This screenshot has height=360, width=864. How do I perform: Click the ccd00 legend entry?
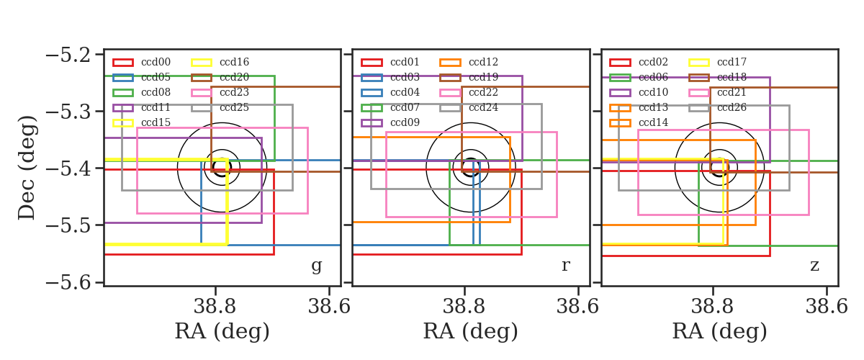click(156, 62)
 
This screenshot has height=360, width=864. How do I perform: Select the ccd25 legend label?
click(234, 107)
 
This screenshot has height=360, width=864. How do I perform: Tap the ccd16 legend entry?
click(234, 62)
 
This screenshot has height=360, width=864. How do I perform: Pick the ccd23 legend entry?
click(234, 92)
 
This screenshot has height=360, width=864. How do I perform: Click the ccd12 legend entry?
click(483, 62)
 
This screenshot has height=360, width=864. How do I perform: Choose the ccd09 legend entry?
click(405, 122)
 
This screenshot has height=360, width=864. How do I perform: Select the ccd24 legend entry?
click(483, 107)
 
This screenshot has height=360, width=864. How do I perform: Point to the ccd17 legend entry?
click(732, 62)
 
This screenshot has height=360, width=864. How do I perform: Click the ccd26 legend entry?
click(732, 107)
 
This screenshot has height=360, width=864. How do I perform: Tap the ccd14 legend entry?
click(653, 122)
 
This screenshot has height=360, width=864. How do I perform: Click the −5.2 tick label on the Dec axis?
click(68, 55)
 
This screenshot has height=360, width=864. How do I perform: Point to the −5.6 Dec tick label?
click(68, 282)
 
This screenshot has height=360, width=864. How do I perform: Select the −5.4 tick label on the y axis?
click(68, 168)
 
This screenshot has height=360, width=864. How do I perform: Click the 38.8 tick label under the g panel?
click(215, 307)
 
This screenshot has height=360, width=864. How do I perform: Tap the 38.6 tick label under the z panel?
click(827, 307)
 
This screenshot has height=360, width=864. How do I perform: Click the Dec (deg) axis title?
click(27, 168)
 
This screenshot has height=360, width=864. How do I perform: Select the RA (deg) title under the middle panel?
click(471, 332)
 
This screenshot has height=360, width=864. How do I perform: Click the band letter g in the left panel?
click(317, 266)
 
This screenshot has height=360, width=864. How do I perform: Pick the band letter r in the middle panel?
click(565, 266)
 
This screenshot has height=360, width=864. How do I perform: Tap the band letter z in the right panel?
click(814, 266)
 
